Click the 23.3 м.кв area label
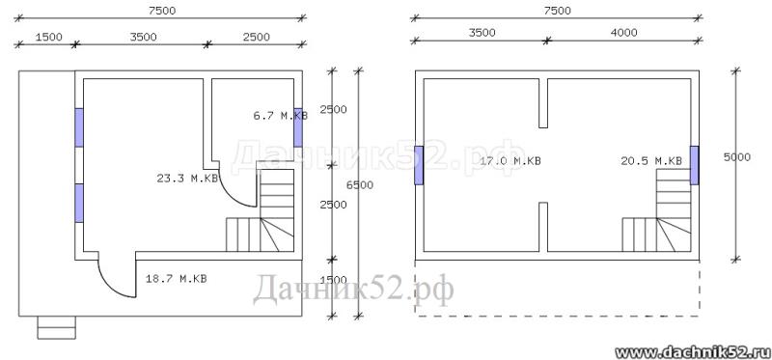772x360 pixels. point(187,179)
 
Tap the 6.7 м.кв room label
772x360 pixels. point(281,116)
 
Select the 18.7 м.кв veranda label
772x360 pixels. point(177,279)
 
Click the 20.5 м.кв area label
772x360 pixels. point(651,160)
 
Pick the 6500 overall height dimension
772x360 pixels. point(359,185)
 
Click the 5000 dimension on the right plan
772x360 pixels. point(737,157)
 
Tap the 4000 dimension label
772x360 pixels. point(623,33)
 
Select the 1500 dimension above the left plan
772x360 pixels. point(49,37)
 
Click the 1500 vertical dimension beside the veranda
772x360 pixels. point(333,280)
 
